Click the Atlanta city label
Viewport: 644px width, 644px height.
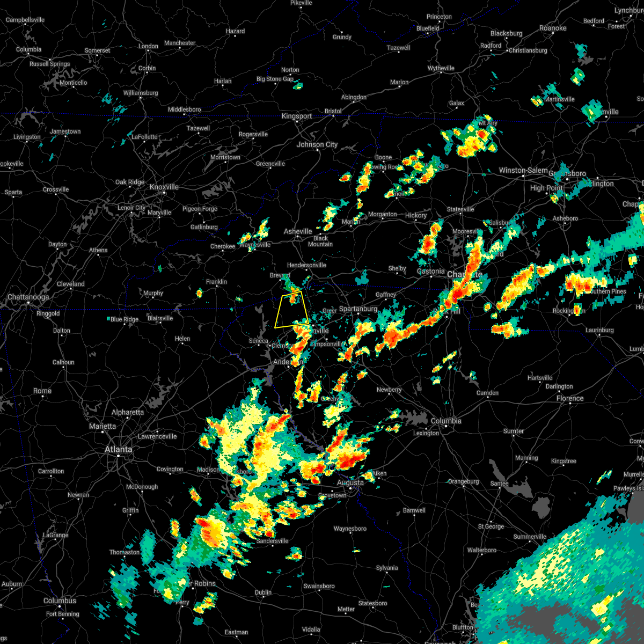pos(118,449)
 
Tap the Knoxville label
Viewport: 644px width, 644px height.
pos(164,187)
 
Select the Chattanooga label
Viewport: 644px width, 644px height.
pos(28,297)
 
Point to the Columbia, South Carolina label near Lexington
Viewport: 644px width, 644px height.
pos(446,421)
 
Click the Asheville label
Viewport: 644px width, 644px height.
pos(298,231)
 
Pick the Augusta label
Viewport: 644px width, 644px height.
pos(350,482)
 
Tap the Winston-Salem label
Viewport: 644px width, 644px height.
pos(523,170)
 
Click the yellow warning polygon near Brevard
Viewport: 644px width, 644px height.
pos(291,310)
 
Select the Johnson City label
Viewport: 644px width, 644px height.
pos(317,144)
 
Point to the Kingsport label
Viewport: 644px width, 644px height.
pos(297,116)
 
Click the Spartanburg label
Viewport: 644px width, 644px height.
pos(358,309)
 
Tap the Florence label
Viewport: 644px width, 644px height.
pos(570,398)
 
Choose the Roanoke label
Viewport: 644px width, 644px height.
pos(553,28)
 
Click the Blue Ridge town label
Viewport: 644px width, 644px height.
pos(124,319)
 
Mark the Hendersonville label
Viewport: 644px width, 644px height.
pos(306,265)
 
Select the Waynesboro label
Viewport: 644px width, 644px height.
pos(350,529)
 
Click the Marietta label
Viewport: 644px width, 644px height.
pos(102,426)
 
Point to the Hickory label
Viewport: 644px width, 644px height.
pos(416,215)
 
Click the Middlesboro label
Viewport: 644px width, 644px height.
pos(184,109)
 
